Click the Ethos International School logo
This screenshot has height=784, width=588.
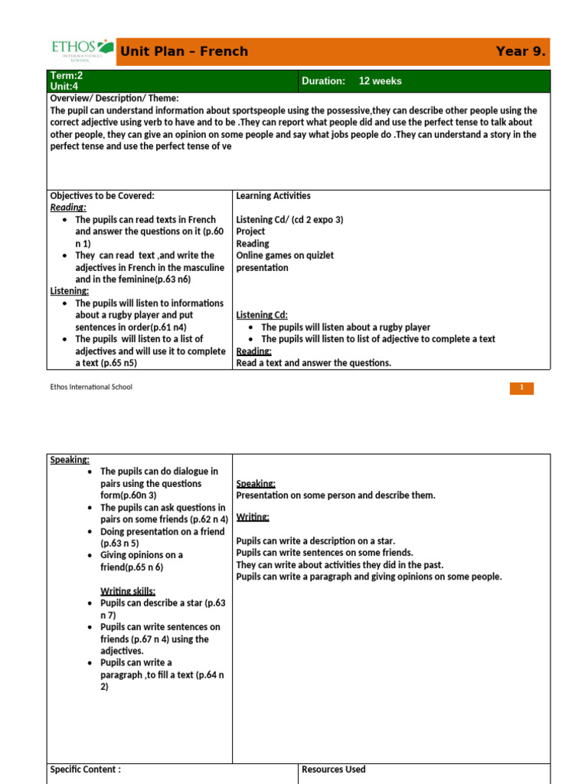(82, 51)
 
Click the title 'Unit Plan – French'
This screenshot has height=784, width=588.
(184, 52)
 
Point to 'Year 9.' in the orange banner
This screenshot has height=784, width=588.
(521, 51)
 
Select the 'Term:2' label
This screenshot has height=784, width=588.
(66, 76)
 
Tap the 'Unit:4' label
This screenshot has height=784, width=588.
(66, 87)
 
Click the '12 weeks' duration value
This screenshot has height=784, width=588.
(380, 81)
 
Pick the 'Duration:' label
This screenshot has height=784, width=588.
(324, 81)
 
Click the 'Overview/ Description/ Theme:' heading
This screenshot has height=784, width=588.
(114, 98)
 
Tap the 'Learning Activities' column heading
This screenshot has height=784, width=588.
(273, 196)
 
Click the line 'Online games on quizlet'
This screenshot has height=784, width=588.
(285, 256)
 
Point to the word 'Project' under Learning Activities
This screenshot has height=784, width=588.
(250, 231)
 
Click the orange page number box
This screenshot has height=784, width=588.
(521, 387)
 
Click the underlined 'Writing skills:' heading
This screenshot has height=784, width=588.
(128, 591)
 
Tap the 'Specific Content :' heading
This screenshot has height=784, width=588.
(85, 769)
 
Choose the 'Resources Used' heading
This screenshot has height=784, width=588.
(334, 769)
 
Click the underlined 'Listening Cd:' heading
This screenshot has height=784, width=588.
(262, 315)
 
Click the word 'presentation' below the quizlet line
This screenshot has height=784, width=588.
(262, 268)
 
